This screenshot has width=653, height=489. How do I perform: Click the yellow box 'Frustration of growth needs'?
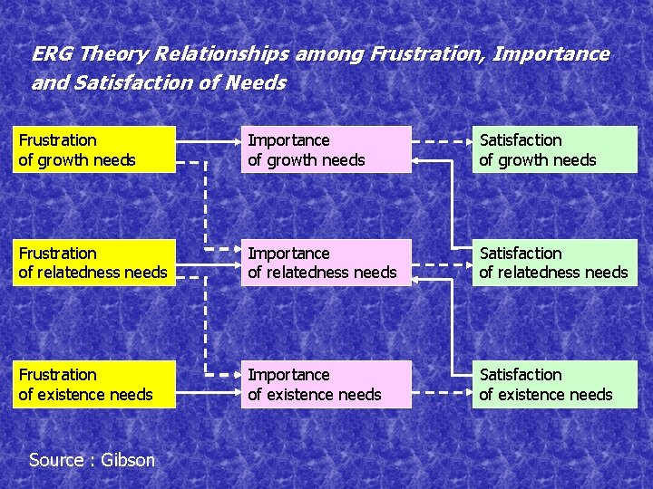93,149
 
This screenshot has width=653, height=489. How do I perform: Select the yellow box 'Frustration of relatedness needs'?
93,263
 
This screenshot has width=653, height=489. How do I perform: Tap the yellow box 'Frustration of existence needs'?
93,384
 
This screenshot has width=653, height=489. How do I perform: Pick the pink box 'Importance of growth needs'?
325,149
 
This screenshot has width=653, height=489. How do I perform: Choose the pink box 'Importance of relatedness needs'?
325,263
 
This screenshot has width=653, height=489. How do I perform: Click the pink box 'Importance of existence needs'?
325,384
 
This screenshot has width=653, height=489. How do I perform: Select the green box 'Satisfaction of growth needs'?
554,149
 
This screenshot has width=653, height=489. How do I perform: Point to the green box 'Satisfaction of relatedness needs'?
554,263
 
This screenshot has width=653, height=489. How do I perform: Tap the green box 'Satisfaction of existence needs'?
554,384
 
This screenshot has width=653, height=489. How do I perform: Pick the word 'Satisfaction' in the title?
129,83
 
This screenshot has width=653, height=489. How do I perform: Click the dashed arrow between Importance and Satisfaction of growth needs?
442,142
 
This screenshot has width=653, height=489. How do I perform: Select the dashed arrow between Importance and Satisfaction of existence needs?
442,393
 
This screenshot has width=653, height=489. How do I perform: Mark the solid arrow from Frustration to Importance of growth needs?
208,142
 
